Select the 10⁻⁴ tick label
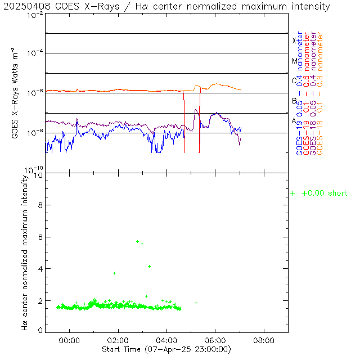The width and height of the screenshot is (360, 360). coord(35,53)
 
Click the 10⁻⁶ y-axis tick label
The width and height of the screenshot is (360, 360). coord(35,93)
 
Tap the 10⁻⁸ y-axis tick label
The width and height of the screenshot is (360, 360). coord(35,133)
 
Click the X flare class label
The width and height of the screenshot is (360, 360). coord(294,40)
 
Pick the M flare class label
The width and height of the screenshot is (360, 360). coord(294,61)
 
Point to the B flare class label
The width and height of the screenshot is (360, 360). coord(294,101)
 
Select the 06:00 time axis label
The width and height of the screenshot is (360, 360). coord(215,340)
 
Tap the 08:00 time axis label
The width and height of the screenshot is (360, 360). coord(264,340)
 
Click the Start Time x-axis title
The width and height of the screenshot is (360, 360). coord(166,349)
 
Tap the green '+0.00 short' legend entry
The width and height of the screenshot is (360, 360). coord(319,193)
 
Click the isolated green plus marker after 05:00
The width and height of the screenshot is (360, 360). coord(196,303)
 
